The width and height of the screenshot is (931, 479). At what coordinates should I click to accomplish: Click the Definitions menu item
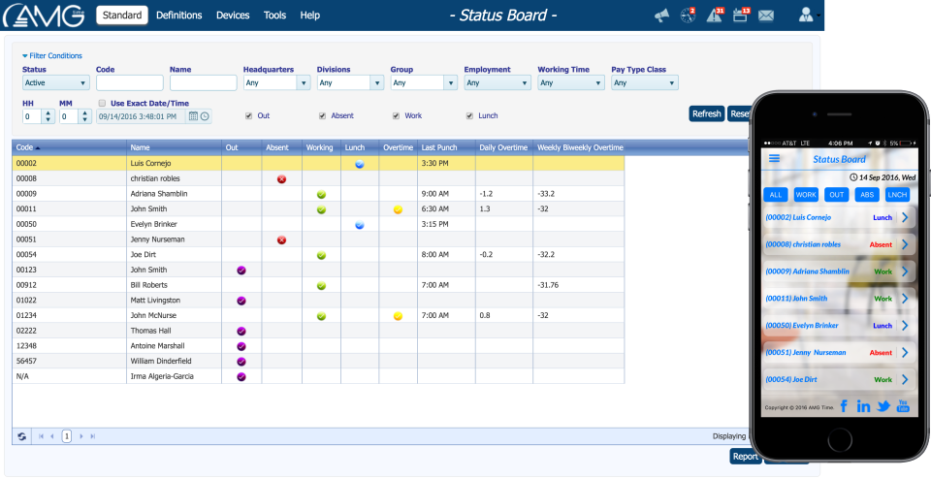[x=178, y=16]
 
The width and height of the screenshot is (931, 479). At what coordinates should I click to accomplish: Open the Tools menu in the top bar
[x=274, y=16]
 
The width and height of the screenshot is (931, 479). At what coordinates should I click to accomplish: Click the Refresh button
[x=706, y=114]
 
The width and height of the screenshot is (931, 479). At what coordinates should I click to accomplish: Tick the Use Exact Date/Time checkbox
[x=103, y=103]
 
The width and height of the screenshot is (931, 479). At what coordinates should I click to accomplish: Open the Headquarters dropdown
[x=276, y=83]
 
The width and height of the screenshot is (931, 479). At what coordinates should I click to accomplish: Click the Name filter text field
[x=203, y=83]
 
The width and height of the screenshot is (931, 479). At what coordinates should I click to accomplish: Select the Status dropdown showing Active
[x=55, y=83]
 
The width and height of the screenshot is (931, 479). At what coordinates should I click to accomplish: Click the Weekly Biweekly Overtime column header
[x=579, y=147]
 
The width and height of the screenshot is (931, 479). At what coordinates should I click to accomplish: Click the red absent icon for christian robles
[x=281, y=179]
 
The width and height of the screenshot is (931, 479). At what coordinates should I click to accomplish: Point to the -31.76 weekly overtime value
[x=550, y=285]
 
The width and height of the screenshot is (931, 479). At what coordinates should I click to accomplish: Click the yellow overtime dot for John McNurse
[x=398, y=316]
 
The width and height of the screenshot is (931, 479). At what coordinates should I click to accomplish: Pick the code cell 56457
[x=26, y=361]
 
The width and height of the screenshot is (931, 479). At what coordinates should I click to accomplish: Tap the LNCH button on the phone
[x=897, y=195]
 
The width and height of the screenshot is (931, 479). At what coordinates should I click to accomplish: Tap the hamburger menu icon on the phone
[x=774, y=159]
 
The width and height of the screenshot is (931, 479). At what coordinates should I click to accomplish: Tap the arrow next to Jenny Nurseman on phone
[x=904, y=353]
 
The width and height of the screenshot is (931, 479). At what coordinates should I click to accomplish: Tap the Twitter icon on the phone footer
[x=883, y=405]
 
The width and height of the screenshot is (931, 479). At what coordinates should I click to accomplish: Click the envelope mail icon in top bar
[x=766, y=16]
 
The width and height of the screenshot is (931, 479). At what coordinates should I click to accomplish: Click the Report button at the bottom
[x=745, y=457]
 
